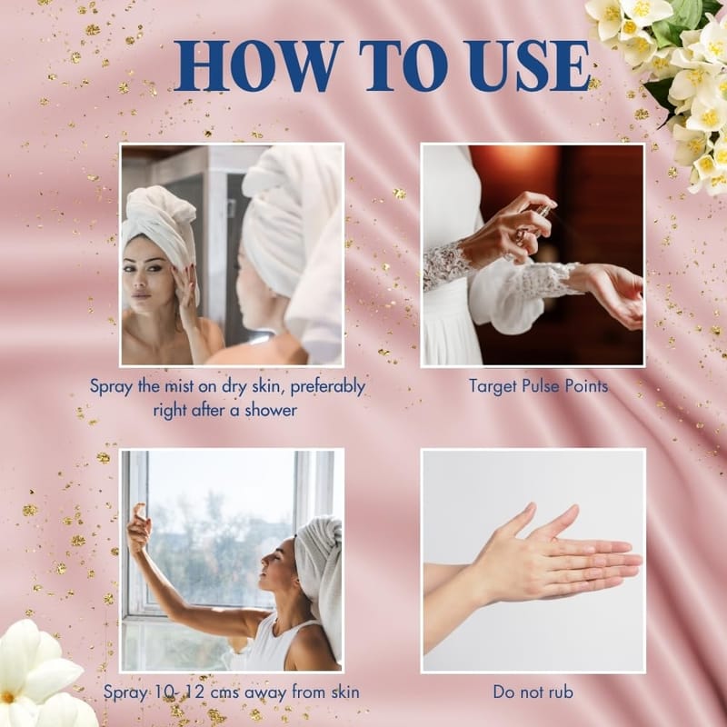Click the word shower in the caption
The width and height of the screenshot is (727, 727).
(x=271, y=410)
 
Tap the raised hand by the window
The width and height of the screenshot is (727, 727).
(x=139, y=529)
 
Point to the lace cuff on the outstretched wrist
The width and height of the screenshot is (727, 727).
(x=547, y=282)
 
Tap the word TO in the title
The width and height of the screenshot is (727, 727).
(x=403, y=65)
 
